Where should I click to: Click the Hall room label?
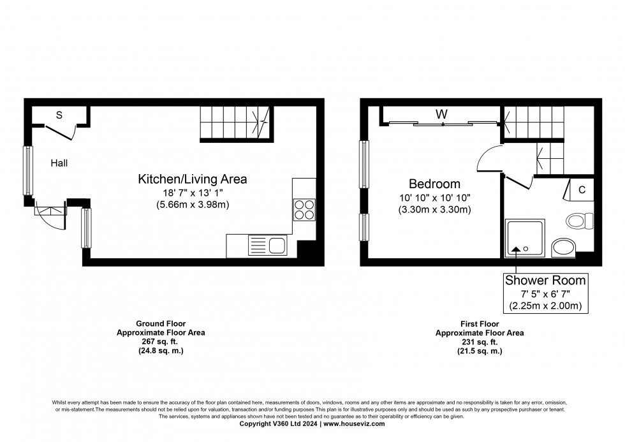tap(59, 163)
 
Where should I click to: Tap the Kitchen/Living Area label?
tap(193, 179)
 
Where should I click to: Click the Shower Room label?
tap(545, 280)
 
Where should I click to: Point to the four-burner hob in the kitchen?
tap(304, 209)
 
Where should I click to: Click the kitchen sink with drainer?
tap(268, 245)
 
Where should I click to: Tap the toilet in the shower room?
tap(578, 221)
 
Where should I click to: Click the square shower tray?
tap(525, 238)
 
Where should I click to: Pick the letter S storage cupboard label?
tap(59, 115)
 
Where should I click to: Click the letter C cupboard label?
tap(582, 190)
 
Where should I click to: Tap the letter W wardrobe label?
tap(441, 115)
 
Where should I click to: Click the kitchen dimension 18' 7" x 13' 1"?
tap(193, 193)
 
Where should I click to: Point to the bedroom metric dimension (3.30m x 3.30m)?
tap(434, 209)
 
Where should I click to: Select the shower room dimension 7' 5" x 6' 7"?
tap(545, 293)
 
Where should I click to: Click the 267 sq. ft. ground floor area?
tap(161, 342)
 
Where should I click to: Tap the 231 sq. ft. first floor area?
tap(480, 342)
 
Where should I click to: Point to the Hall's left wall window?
tap(28, 170)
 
